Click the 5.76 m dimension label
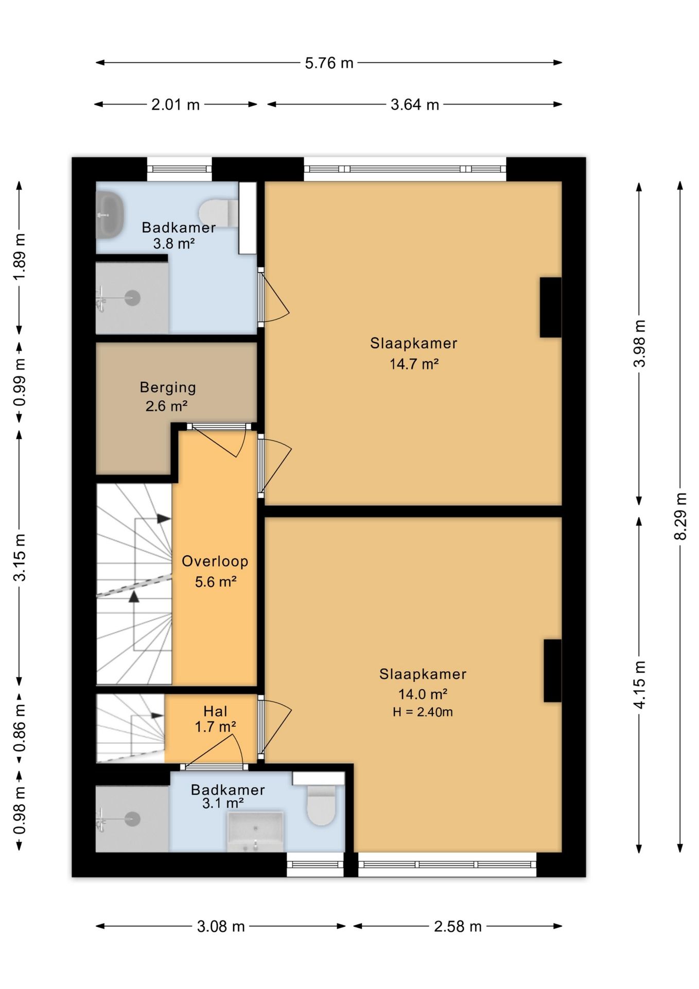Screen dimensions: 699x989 (x=329, y=63)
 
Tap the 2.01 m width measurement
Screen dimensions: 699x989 (x=175, y=105)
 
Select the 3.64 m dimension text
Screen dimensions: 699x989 (x=414, y=105)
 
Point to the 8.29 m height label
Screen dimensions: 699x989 (x=680, y=516)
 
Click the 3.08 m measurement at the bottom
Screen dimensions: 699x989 (x=220, y=926)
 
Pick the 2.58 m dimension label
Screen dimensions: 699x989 (x=458, y=926)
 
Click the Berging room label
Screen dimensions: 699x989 (x=168, y=387)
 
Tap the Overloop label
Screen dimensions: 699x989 (x=215, y=561)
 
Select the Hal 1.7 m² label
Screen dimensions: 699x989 (x=215, y=719)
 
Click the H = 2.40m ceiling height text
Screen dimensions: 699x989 (x=423, y=712)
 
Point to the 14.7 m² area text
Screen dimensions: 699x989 (x=414, y=364)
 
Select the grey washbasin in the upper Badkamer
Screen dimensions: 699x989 (x=110, y=215)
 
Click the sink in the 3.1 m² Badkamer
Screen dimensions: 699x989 (x=255, y=831)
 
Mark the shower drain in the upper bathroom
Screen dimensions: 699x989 (x=133, y=298)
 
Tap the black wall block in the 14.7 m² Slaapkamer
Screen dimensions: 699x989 (x=550, y=308)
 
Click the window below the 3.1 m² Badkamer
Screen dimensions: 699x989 (x=315, y=864)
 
